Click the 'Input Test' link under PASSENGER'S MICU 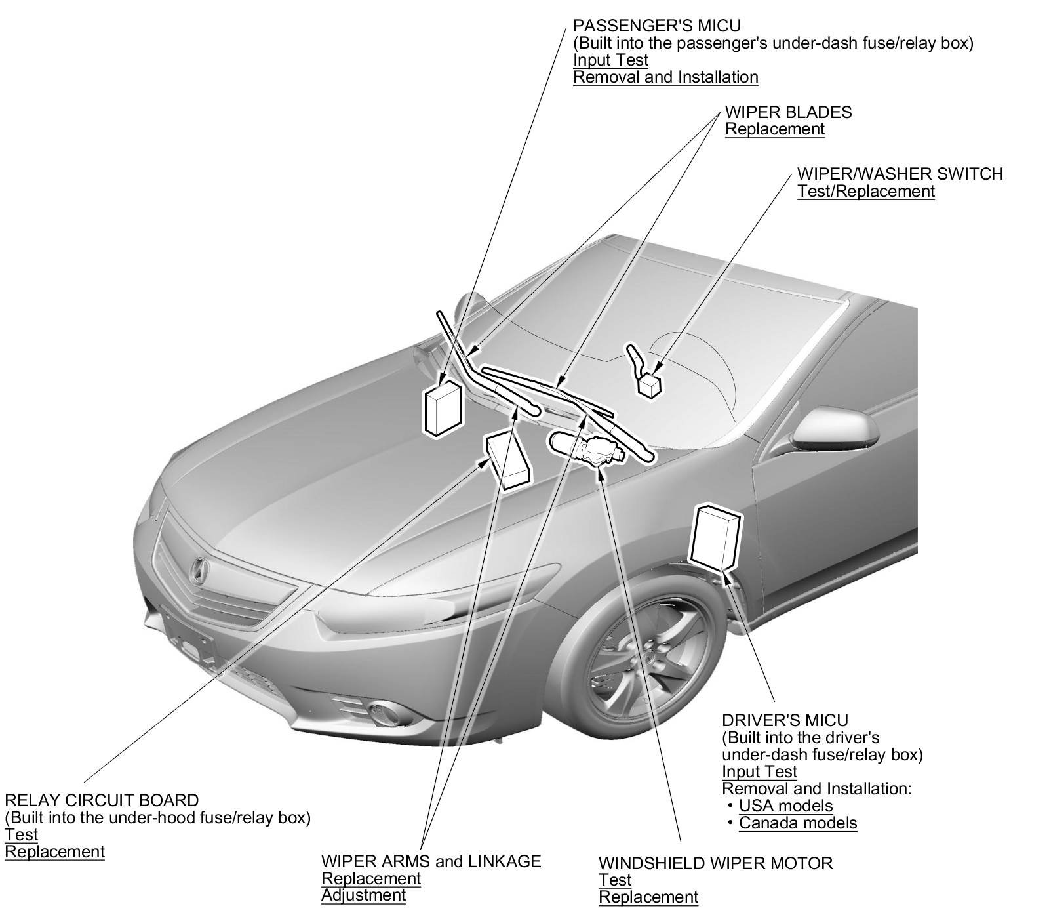610,60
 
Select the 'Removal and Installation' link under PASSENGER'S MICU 665,77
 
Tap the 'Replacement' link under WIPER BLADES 774,129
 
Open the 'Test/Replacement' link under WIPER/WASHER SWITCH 865,191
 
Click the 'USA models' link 785,806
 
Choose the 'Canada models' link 797,823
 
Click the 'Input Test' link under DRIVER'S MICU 759,771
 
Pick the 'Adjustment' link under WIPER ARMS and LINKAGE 363,895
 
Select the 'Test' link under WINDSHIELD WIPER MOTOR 614,880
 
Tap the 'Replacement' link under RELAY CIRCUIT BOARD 54,851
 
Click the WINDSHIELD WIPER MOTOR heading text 715,863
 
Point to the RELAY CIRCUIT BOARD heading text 101,800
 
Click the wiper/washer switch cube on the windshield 649,384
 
